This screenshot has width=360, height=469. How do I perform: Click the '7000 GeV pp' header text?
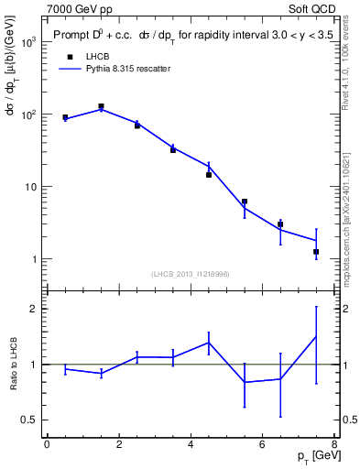coord(80,7)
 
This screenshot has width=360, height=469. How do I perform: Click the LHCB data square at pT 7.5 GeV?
coord(316,251)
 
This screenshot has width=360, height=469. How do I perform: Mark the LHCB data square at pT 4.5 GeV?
coord(209,174)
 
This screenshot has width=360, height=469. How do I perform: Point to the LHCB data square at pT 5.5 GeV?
coord(245,202)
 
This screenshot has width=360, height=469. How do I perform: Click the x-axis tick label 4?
coord(191,446)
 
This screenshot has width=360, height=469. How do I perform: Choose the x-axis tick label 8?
coord(334,446)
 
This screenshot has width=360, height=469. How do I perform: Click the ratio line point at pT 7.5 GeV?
coord(316,336)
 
